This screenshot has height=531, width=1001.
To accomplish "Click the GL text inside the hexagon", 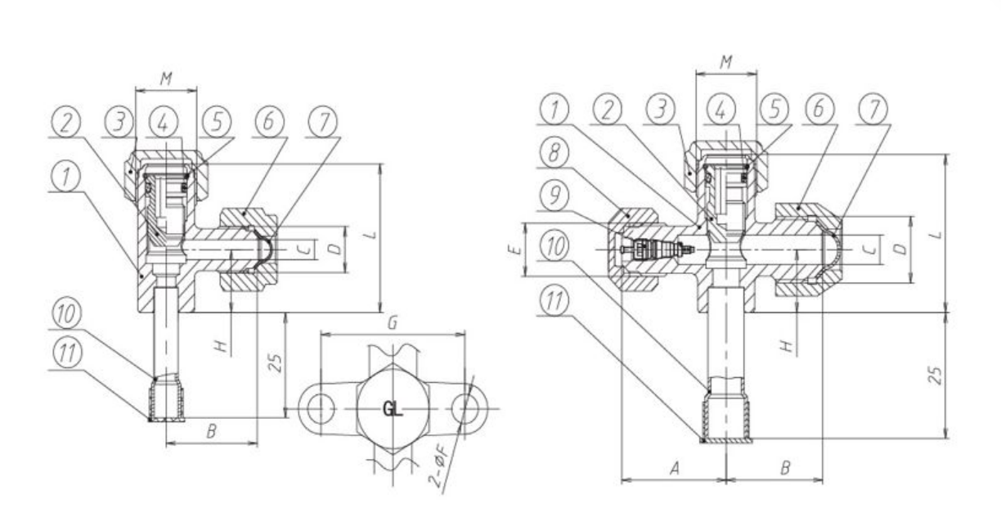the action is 393,409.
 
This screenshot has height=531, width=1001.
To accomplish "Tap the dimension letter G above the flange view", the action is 393,322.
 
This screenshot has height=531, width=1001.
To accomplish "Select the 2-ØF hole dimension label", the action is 438,471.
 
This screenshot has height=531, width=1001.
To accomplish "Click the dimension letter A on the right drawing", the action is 675,469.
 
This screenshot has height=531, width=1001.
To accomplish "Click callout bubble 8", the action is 554,153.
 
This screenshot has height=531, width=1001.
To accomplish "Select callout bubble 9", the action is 554,196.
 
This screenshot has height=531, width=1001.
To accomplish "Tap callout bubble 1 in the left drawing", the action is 66,176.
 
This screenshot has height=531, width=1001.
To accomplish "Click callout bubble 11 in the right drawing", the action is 554,301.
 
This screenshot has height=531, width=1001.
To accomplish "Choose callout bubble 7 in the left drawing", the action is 323,122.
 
